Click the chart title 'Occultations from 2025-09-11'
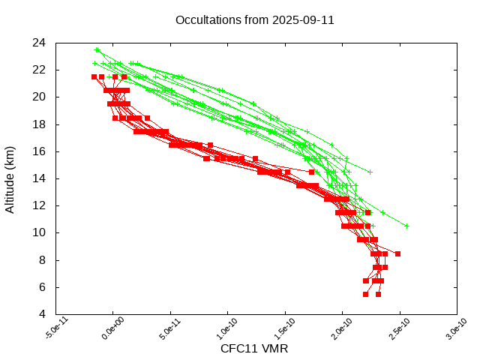click(x=254, y=19)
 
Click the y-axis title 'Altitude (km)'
click(x=10, y=178)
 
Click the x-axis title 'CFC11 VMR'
click(x=254, y=349)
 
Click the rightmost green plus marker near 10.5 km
click(x=406, y=225)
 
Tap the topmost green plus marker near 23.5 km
click(x=97, y=49)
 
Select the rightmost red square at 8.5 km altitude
click(x=397, y=254)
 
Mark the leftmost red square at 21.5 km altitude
click(x=94, y=76)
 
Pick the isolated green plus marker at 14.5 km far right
click(x=370, y=172)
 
